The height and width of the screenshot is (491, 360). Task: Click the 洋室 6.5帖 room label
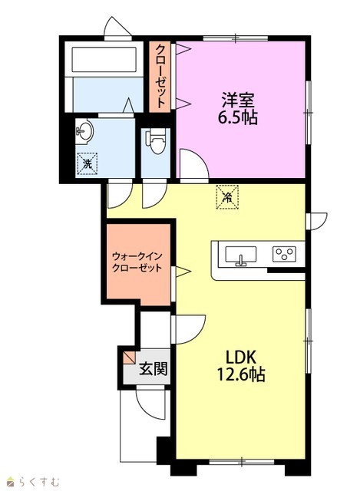[x=238, y=109]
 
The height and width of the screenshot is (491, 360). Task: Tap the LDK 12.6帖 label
[x=241, y=366]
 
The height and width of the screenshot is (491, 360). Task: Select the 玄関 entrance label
[x=154, y=368]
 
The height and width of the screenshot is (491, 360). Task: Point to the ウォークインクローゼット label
[x=137, y=262]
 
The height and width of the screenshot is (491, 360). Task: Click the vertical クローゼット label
[x=160, y=77]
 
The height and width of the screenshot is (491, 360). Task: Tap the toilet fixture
[x=155, y=142]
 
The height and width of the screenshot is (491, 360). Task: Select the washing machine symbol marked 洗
[x=87, y=163]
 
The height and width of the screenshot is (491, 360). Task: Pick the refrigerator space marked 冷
[x=227, y=197]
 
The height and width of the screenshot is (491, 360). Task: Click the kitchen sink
[x=240, y=256]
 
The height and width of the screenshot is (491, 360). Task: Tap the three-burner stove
[x=284, y=254]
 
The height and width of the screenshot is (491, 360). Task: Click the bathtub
[x=104, y=60]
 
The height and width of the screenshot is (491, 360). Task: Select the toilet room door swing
[x=154, y=196]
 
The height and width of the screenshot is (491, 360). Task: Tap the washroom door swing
[x=120, y=196]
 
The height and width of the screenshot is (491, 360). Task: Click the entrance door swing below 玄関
[x=150, y=403]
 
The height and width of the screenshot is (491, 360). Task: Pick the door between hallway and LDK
[x=189, y=329]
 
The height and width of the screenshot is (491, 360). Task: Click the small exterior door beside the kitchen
[x=317, y=221]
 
